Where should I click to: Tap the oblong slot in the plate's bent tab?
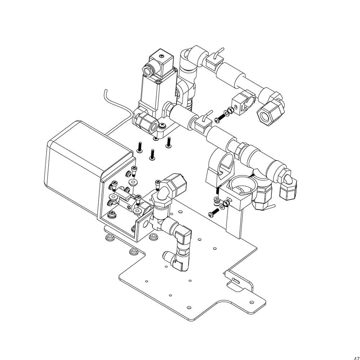(x=236, y=280)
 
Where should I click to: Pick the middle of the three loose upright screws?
(x=152, y=154)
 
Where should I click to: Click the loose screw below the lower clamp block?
(x=213, y=213)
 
